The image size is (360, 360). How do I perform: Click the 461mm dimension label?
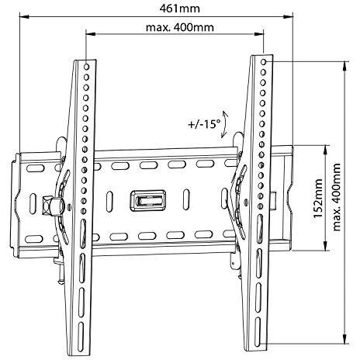(180, 9)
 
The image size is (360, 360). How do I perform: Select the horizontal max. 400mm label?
(180, 27)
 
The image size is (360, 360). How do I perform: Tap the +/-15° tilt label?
(203, 124)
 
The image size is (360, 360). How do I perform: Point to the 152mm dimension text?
(318, 198)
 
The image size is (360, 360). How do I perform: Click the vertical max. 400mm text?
(336, 197)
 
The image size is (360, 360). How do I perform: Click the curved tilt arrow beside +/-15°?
(224, 123)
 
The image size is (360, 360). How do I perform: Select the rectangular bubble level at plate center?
(148, 201)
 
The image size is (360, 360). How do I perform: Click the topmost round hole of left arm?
(87, 67)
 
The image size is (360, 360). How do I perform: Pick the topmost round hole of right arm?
(264, 62)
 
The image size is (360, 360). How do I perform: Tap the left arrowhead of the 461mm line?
(24, 16)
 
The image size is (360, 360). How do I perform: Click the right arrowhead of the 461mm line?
(288, 17)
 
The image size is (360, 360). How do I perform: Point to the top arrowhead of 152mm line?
(325, 151)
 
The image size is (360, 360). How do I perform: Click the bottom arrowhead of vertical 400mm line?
(344, 338)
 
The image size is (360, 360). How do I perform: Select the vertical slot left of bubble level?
(109, 202)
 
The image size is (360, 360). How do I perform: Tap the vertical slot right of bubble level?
(186, 199)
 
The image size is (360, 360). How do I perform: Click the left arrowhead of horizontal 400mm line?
(91, 34)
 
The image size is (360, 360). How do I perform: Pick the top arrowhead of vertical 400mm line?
(344, 67)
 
